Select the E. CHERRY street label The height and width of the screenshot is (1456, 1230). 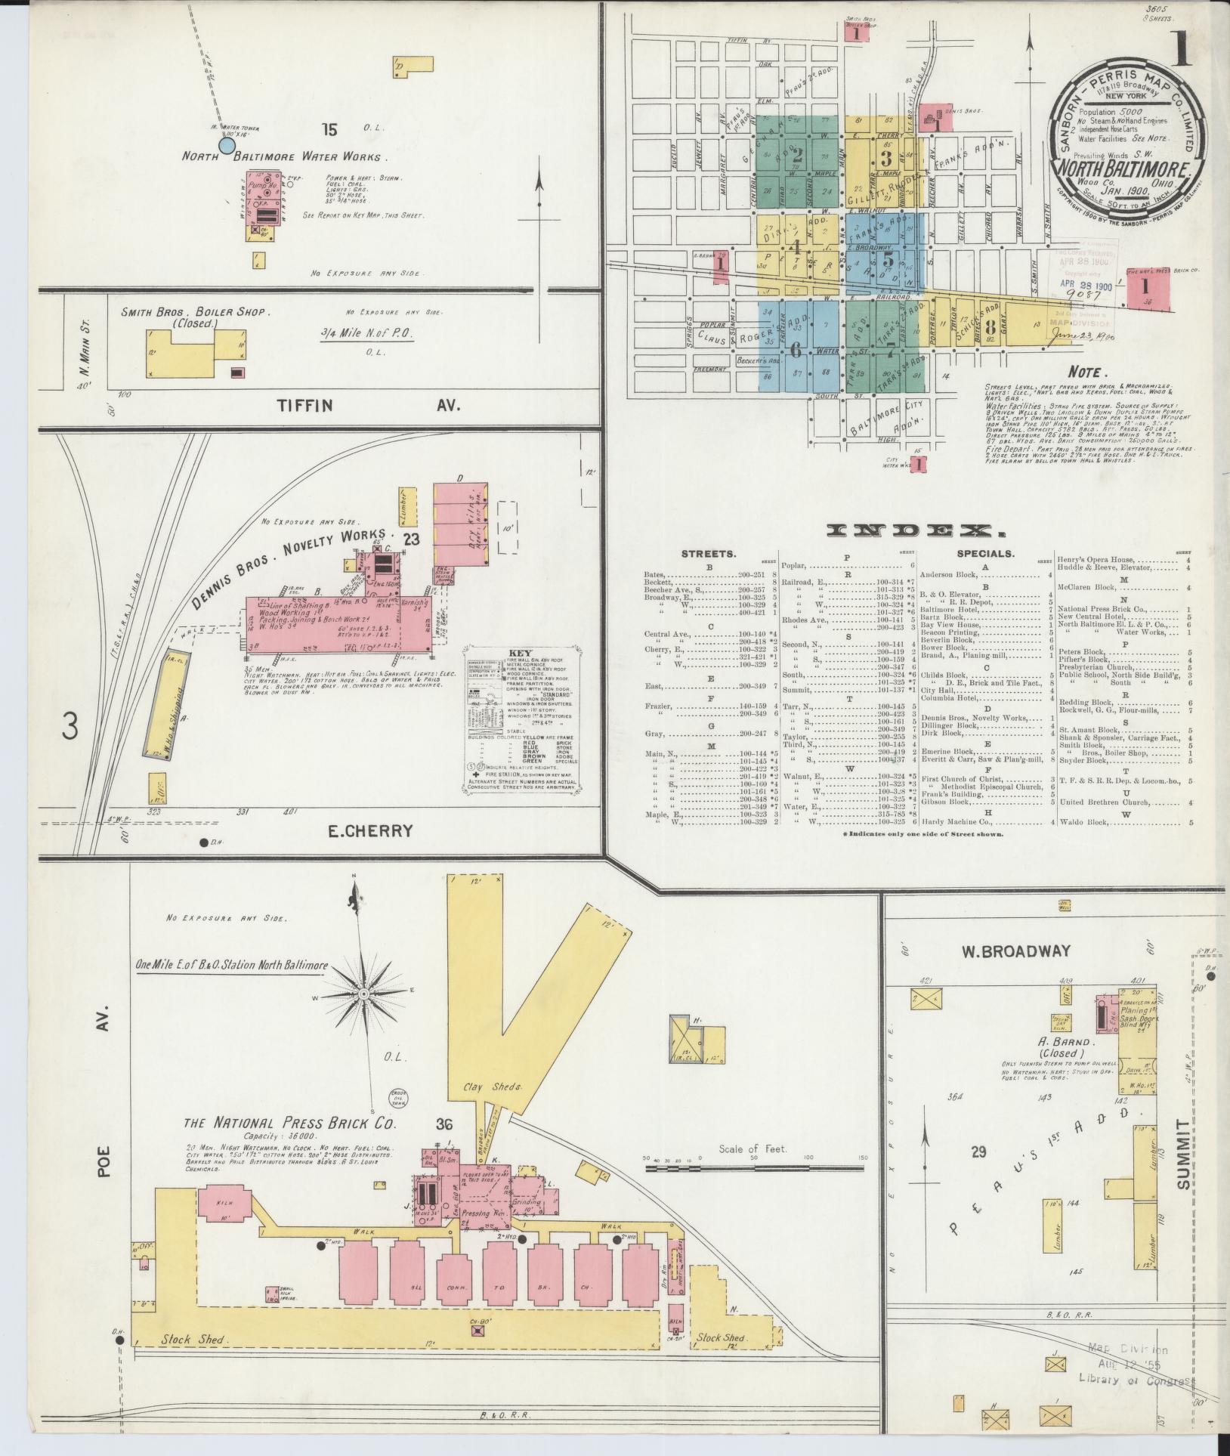click(x=370, y=831)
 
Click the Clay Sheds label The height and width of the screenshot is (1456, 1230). click(x=479, y=1086)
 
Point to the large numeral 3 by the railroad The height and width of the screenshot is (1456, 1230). click(x=70, y=727)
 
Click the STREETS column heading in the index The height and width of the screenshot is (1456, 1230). click(x=708, y=554)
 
